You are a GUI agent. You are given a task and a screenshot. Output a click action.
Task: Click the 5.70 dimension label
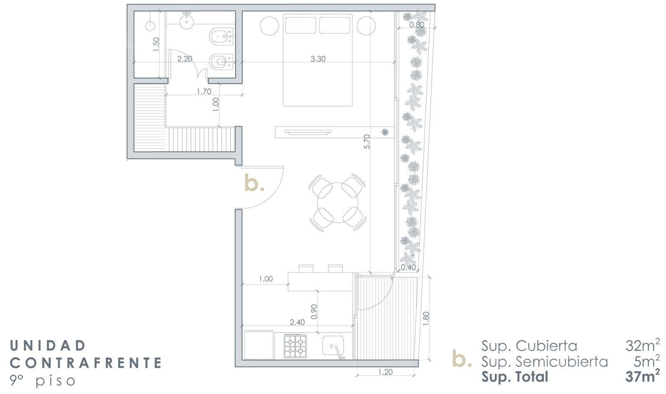click(x=367, y=142)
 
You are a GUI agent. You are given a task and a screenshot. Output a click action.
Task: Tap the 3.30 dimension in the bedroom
click(x=318, y=59)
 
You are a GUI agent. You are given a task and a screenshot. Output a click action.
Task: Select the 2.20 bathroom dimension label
click(x=185, y=59)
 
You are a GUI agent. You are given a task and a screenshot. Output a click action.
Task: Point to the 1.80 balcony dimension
click(x=426, y=318)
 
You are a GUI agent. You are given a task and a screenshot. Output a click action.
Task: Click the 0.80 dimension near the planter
click(x=417, y=25)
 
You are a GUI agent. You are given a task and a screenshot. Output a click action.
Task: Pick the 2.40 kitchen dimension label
click(x=297, y=322)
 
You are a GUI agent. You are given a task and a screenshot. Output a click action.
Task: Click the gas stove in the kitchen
click(x=295, y=346)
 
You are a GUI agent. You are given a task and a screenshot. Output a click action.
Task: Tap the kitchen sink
click(x=333, y=347)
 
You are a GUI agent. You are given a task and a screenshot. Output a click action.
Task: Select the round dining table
click(x=338, y=203)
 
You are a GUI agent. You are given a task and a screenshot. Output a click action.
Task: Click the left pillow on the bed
click(x=301, y=25)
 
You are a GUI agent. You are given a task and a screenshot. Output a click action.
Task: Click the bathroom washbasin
click(x=187, y=21)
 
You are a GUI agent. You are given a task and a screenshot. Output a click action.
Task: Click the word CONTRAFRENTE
click(x=86, y=363)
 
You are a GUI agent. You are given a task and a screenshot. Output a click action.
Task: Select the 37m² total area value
click(x=643, y=377)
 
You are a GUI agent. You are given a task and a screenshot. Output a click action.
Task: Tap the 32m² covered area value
click(x=643, y=346)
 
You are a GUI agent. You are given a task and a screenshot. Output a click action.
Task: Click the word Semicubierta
click(x=562, y=362)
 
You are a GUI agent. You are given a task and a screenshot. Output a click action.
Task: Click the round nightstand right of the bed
click(x=366, y=26)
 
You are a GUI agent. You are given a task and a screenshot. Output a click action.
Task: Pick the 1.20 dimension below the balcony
click(x=385, y=372)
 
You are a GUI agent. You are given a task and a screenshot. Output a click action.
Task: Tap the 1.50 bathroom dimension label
click(x=157, y=44)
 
